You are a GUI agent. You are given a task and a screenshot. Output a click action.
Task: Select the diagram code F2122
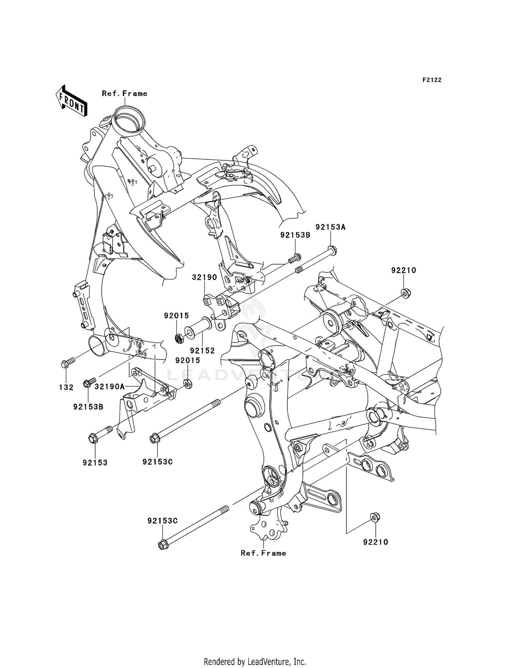[432, 80]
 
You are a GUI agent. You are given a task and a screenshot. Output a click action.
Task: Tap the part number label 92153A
[330, 227]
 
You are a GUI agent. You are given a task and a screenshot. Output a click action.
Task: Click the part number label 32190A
[110, 386]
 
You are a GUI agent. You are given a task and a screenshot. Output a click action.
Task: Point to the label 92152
[202, 350]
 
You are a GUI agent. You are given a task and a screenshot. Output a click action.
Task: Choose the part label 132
[66, 387]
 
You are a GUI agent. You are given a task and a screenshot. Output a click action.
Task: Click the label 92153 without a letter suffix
[95, 462]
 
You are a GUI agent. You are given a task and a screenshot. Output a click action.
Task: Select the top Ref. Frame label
[124, 94]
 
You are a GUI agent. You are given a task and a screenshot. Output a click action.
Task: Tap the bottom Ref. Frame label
[263, 553]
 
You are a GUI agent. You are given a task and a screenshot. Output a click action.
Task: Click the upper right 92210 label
[404, 270]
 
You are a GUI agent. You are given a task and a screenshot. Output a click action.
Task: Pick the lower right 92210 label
[375, 542]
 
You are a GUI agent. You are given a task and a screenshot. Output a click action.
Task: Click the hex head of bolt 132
[65, 365]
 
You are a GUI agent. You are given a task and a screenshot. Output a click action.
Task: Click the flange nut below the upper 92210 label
[405, 292]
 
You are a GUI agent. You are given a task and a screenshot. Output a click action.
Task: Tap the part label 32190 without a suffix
[204, 277]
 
